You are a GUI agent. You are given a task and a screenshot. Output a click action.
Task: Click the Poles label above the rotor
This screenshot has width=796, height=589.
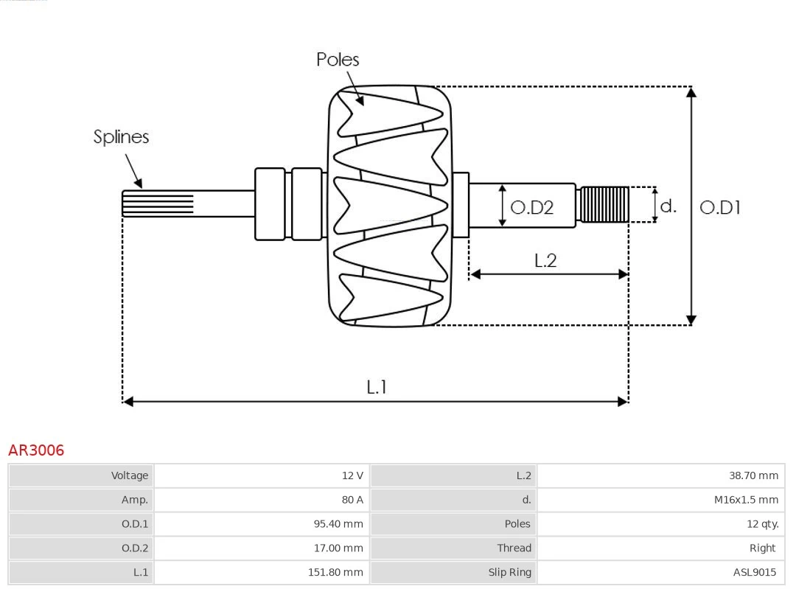click(338, 60)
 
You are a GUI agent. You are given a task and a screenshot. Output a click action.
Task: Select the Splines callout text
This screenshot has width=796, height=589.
click(121, 137)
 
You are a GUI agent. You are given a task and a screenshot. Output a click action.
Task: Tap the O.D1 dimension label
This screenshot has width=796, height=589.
click(719, 208)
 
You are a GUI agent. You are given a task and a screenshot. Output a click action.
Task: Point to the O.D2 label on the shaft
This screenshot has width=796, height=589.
click(531, 208)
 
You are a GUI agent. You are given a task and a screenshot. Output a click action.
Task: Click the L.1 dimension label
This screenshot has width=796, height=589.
click(377, 386)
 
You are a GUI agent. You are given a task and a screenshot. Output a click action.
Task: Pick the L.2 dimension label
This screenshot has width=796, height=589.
click(545, 260)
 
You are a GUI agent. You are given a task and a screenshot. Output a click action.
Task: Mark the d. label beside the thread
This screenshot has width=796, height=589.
click(668, 206)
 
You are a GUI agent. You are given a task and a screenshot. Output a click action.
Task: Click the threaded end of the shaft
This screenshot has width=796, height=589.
click(604, 204)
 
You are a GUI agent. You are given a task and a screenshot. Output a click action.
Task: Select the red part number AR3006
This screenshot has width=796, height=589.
click(36, 450)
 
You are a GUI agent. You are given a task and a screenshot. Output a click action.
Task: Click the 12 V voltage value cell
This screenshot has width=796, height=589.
click(262, 475)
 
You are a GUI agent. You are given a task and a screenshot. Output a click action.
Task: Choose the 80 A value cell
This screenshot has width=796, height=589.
click(262, 500)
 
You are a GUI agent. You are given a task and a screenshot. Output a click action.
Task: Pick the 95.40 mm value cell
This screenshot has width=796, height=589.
click(262, 524)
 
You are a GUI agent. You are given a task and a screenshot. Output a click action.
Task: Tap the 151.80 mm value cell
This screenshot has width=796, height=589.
click(262, 572)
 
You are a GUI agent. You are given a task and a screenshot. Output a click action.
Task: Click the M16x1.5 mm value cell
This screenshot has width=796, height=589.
click(661, 500)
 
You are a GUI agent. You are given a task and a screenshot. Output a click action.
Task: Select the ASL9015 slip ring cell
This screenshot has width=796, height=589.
click(661, 572)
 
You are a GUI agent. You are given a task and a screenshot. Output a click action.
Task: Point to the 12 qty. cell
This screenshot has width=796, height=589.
click(661, 524)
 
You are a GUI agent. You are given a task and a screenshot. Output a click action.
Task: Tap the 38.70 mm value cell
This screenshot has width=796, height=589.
click(661, 475)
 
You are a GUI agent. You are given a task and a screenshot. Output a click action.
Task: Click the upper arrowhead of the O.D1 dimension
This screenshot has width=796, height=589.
click(691, 91)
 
